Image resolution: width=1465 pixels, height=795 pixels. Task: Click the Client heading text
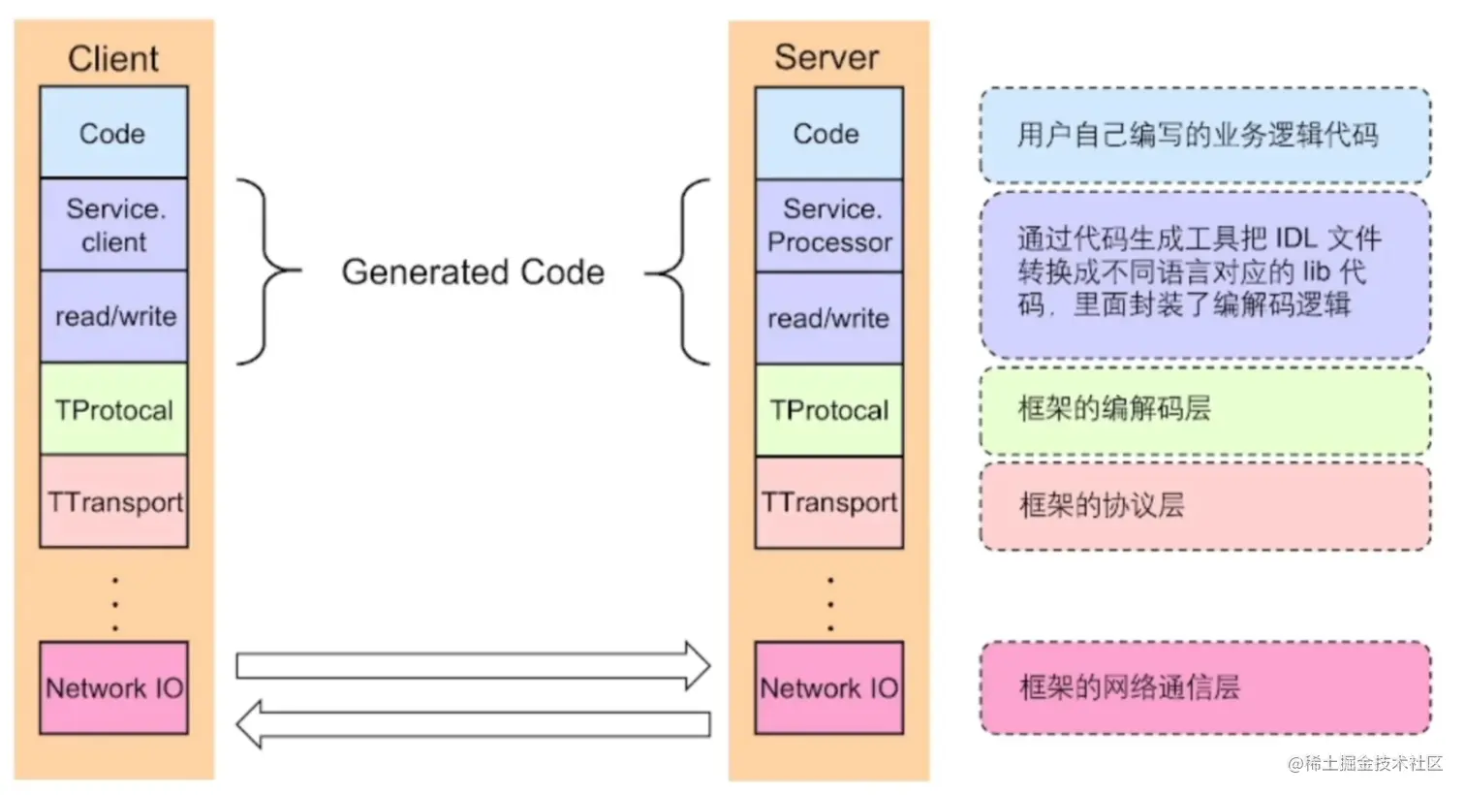(113, 59)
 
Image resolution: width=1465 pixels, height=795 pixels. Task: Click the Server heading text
(826, 58)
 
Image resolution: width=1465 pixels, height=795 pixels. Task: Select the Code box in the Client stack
(113, 133)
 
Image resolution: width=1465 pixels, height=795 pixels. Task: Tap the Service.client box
(113, 225)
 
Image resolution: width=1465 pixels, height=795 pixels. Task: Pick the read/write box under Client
(113, 317)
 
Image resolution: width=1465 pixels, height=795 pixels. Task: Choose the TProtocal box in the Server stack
(828, 410)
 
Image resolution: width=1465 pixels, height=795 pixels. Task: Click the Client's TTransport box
(113, 502)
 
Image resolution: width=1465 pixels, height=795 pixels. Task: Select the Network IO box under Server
(828, 687)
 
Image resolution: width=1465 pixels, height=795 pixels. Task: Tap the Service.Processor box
(828, 225)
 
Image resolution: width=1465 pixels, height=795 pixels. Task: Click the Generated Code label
(473, 272)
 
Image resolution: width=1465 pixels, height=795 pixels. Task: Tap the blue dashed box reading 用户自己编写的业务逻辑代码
(1204, 135)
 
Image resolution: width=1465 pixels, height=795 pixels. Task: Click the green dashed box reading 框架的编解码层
(1204, 409)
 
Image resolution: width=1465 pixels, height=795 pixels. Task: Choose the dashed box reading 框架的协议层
(1204, 505)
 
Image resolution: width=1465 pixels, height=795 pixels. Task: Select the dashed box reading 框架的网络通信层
(1204, 687)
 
